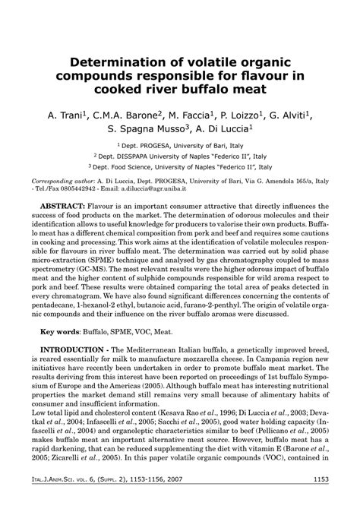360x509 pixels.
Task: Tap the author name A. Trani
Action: [65, 114]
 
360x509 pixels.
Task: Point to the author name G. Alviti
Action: [290, 114]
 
